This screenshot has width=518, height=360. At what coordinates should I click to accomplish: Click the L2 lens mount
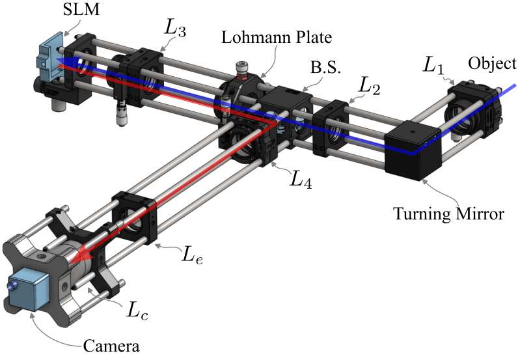[336, 127]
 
